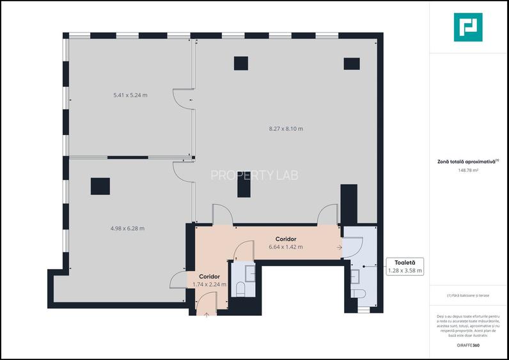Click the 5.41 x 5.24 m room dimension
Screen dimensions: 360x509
click(x=130, y=95)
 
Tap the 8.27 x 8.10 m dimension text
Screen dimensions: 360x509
click(x=286, y=129)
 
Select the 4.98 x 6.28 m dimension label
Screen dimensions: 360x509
click(x=127, y=228)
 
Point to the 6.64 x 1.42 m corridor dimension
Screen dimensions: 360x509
click(x=286, y=246)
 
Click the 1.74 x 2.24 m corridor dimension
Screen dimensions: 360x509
click(x=209, y=284)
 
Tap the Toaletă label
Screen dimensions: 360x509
click(x=405, y=262)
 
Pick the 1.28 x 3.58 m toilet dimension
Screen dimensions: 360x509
click(x=405, y=270)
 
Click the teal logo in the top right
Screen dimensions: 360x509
click(x=468, y=27)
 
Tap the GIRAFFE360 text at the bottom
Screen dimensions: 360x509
click(x=467, y=346)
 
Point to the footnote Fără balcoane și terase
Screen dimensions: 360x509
click(x=467, y=295)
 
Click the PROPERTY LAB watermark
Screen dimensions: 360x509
click(x=254, y=175)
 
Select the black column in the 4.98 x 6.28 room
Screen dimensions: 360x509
click(x=100, y=186)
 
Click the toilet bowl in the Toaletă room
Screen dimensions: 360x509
click(x=359, y=294)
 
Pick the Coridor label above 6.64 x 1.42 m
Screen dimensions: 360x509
click(x=286, y=239)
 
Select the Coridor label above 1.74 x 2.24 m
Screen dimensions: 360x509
click(x=209, y=276)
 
